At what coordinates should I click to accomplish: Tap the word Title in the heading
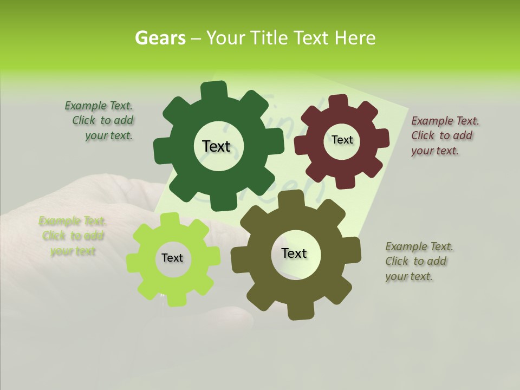[x=270, y=38]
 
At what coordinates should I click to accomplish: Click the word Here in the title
[x=355, y=38]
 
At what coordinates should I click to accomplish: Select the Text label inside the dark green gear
[x=216, y=146]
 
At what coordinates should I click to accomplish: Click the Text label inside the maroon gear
[x=342, y=140]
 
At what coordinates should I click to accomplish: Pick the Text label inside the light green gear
[x=172, y=258]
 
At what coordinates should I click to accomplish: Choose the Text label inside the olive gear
[x=294, y=253]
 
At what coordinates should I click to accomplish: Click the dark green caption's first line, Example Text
[x=99, y=106]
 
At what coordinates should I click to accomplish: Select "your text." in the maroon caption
[x=434, y=151]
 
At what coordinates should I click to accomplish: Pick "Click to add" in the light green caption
[x=73, y=236]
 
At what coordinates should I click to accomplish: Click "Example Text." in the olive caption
[x=419, y=246]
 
